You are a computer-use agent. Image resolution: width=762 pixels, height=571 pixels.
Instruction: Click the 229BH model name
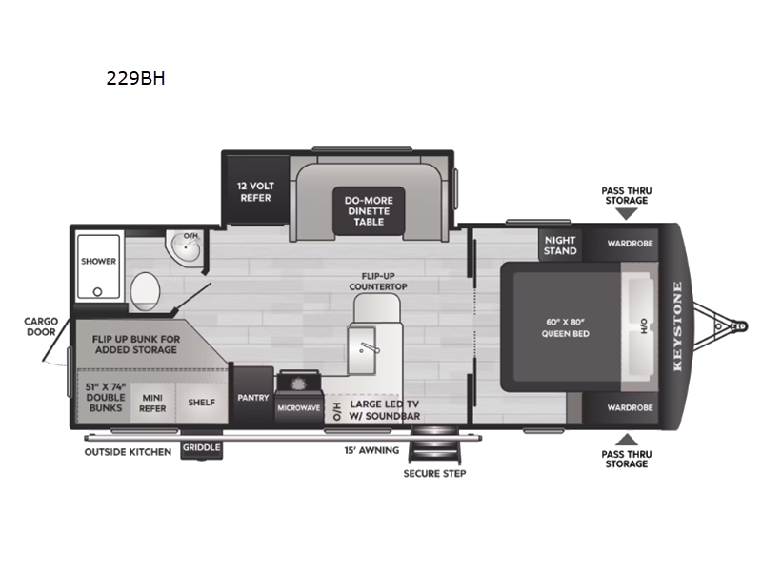click(136, 79)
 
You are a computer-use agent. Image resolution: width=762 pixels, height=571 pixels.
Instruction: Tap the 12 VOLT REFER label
click(255, 191)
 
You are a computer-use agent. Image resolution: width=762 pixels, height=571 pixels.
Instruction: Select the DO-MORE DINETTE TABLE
click(369, 210)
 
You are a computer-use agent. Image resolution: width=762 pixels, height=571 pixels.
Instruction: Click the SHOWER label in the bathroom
click(98, 261)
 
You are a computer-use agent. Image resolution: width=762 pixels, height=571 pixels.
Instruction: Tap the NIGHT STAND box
click(560, 246)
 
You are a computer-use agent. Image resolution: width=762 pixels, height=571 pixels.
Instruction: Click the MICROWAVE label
click(299, 408)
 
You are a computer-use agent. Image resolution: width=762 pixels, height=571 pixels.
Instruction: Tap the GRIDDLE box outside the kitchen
click(201, 447)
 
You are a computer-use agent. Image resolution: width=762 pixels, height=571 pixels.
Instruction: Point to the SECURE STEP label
click(434, 473)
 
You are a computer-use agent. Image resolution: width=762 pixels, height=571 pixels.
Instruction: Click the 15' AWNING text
click(371, 450)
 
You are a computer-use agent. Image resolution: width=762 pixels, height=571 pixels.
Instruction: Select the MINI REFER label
click(153, 403)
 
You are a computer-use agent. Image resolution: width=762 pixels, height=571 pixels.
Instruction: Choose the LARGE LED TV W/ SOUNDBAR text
click(386, 409)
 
